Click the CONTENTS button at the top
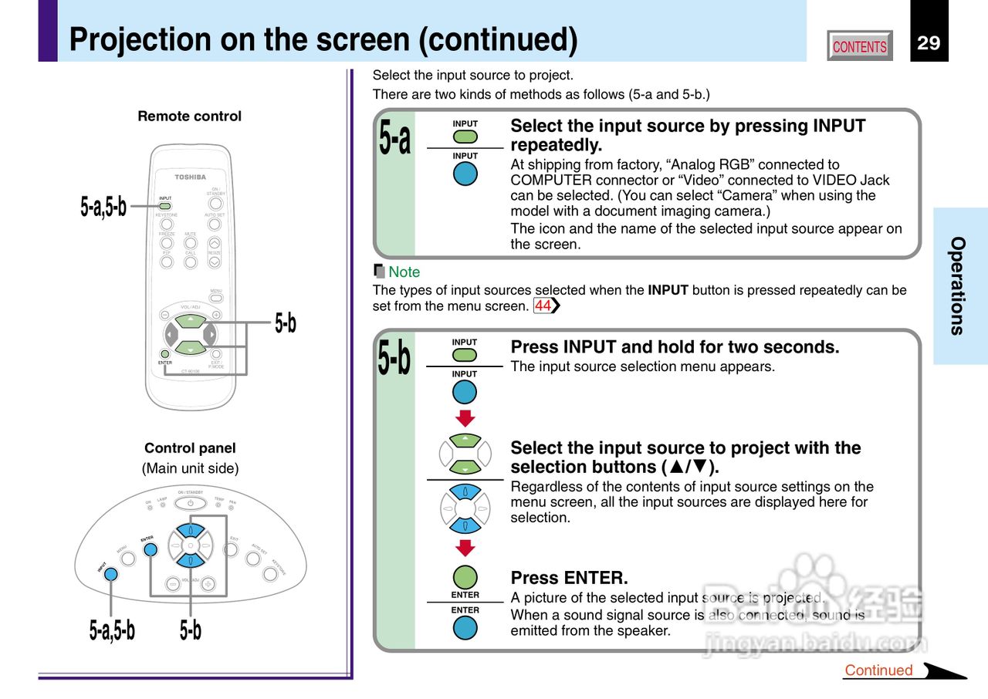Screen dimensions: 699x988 (x=860, y=46)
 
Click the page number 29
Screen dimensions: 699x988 (x=929, y=43)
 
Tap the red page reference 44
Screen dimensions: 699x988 (x=543, y=306)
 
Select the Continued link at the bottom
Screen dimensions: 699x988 (x=878, y=670)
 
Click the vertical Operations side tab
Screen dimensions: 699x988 (x=958, y=285)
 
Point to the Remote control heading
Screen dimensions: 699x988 (x=189, y=117)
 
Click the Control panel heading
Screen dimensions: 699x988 (x=190, y=448)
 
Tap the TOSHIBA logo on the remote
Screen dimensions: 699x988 (x=190, y=177)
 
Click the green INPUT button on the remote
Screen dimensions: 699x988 (x=165, y=207)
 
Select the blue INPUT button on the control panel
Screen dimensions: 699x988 (x=112, y=574)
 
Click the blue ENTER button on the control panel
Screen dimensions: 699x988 (x=151, y=549)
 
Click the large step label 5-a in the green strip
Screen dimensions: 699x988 (x=394, y=140)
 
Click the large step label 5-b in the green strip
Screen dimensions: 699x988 (x=394, y=359)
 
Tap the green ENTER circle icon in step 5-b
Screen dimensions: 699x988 (x=465, y=577)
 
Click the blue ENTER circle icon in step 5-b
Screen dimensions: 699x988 (x=465, y=627)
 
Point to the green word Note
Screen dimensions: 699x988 (x=404, y=272)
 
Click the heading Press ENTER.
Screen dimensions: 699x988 (x=569, y=578)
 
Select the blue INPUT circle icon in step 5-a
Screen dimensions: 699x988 (x=465, y=174)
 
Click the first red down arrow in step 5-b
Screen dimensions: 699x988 (x=465, y=419)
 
